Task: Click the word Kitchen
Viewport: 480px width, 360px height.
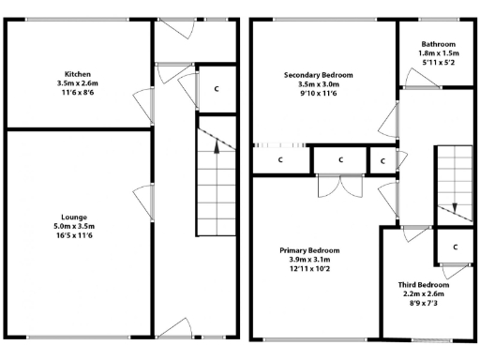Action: [x=78, y=74]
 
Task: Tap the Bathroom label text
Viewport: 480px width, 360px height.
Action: [x=438, y=44]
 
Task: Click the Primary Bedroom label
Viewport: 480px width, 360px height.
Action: [x=309, y=250]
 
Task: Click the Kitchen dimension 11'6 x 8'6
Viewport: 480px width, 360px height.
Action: [x=78, y=93]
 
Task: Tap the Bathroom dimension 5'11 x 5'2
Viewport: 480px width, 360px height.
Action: [x=438, y=63]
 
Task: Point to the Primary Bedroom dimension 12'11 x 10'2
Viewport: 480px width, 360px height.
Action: [x=309, y=269]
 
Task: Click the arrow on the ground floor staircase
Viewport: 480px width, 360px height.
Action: [x=217, y=143]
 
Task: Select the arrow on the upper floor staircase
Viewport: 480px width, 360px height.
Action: [x=454, y=207]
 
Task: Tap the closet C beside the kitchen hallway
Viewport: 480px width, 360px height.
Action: [x=217, y=89]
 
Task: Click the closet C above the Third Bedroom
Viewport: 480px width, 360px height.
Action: [x=454, y=247]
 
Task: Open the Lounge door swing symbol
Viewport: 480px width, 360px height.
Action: [x=143, y=199]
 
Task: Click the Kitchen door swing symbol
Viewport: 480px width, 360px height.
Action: [x=143, y=99]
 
